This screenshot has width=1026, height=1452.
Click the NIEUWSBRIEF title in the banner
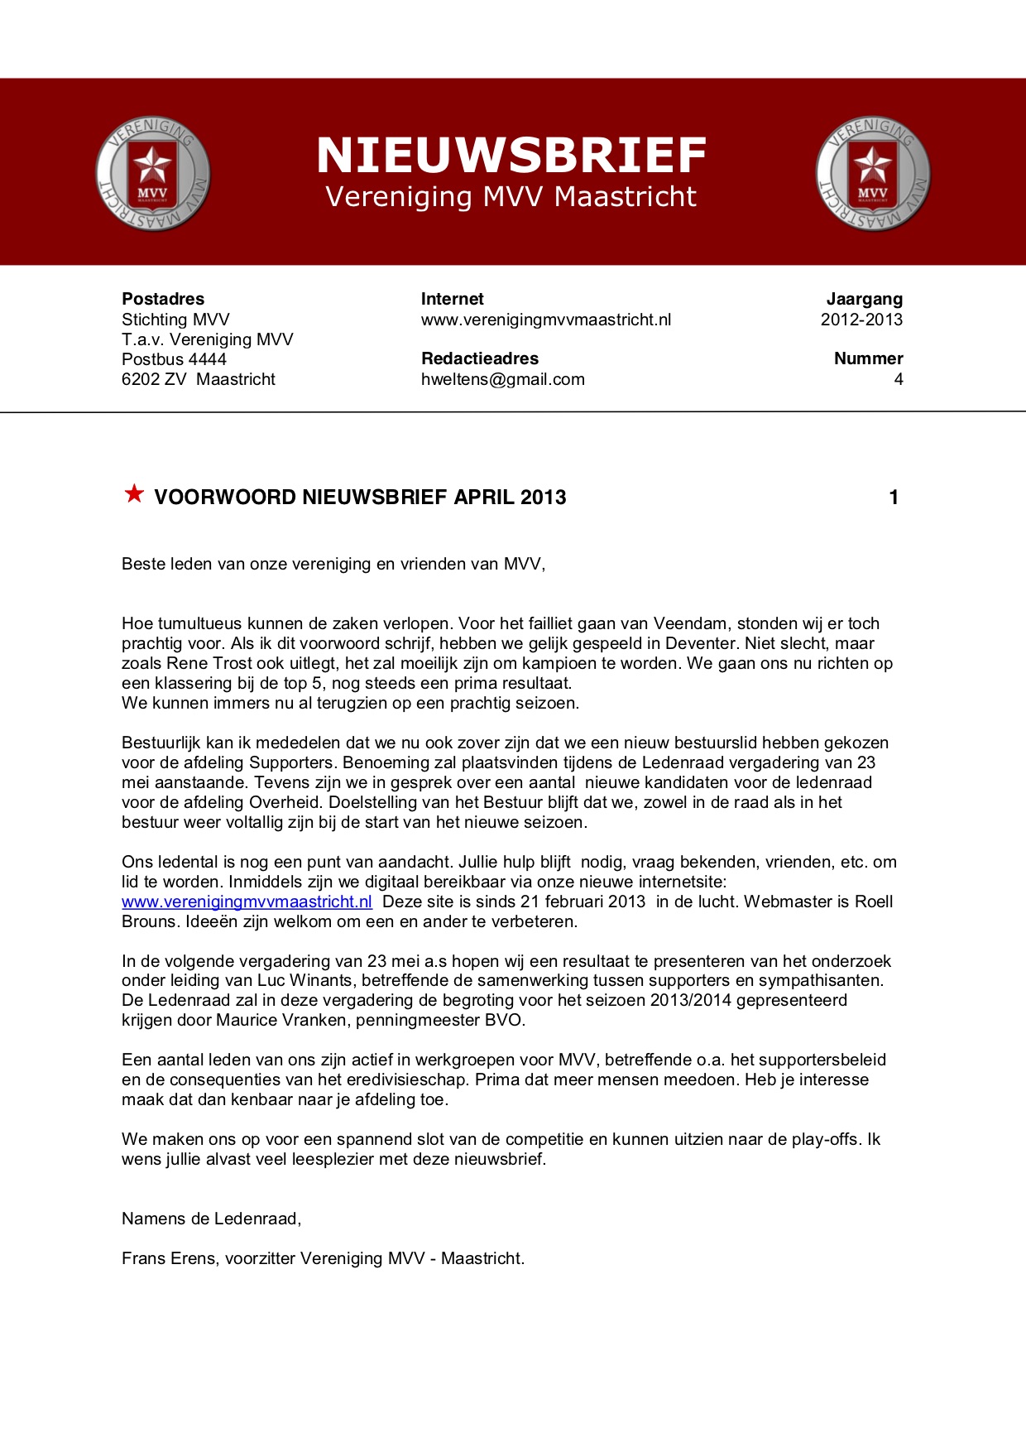click(511, 156)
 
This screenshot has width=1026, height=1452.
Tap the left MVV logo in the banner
click(153, 174)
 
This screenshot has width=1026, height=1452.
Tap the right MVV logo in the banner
click(873, 174)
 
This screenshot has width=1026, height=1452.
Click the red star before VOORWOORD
click(134, 494)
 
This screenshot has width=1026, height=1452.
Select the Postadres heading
click(163, 299)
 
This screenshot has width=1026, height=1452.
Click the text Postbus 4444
click(174, 359)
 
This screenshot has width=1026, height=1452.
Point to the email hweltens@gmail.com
click(502, 379)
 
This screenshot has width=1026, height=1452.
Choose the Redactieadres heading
click(479, 358)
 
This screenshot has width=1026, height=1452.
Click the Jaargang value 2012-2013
click(861, 320)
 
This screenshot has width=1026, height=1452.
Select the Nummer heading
click(868, 358)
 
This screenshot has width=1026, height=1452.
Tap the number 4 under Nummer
click(898, 379)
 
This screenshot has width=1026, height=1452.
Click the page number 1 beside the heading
click(894, 498)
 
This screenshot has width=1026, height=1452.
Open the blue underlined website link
click(247, 901)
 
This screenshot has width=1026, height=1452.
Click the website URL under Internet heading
click(545, 320)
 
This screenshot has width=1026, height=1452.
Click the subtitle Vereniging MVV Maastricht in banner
click(511, 197)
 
